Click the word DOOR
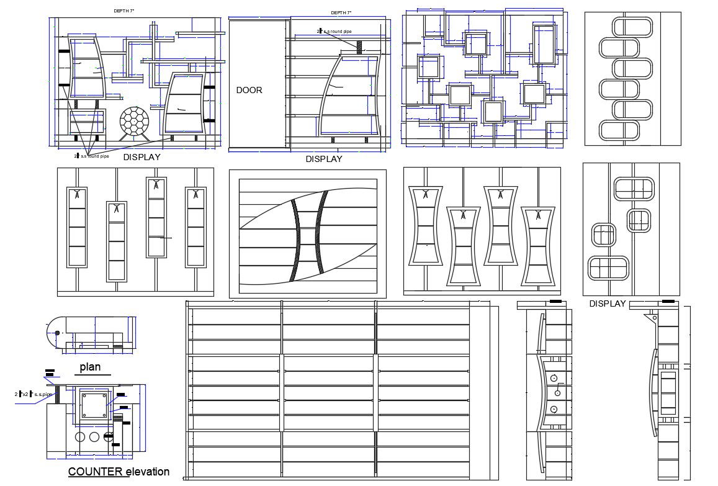pyautogui.click(x=249, y=90)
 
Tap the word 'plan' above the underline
pyautogui.click(x=90, y=367)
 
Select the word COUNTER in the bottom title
pyautogui.click(x=95, y=472)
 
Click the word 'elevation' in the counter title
pyautogui.click(x=148, y=472)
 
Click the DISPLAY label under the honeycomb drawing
pyautogui.click(x=141, y=157)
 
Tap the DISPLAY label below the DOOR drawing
pyautogui.click(x=324, y=159)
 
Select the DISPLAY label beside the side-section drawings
pyautogui.click(x=608, y=304)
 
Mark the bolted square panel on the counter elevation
pyautogui.click(x=95, y=405)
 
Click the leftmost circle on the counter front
pyautogui.click(x=80, y=436)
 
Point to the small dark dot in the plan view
pyautogui.click(x=57, y=333)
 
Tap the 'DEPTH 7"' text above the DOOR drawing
pyautogui.click(x=341, y=12)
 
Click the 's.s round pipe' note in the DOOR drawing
pyautogui.click(x=339, y=30)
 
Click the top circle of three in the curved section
pyautogui.click(x=553, y=378)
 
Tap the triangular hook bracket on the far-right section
pyautogui.click(x=650, y=317)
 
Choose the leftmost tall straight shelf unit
pyautogui.click(x=76, y=227)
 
